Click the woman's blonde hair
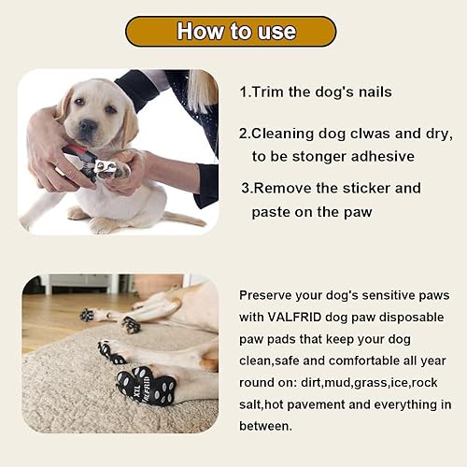[201, 89]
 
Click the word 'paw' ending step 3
[359, 212]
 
